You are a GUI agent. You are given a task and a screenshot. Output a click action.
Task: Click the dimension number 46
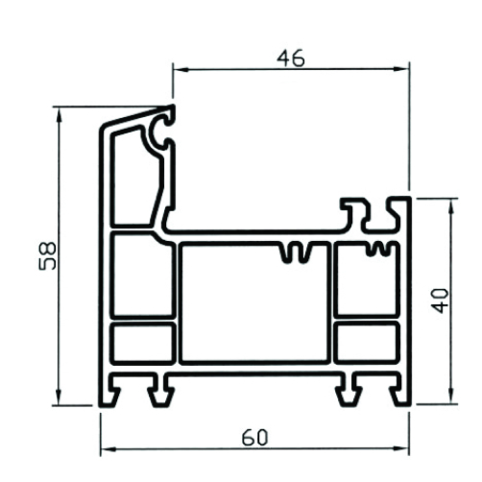click(x=291, y=59)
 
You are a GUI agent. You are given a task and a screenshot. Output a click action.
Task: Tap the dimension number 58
click(x=47, y=256)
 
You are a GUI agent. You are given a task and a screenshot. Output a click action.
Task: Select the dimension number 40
click(x=440, y=301)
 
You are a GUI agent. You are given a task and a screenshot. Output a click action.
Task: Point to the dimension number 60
click(x=254, y=438)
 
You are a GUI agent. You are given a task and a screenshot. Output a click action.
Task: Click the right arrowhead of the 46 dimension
click(x=401, y=68)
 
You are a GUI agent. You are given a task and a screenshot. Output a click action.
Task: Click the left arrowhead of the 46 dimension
click(x=181, y=69)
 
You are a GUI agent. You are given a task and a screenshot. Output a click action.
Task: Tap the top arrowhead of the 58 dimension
click(x=59, y=115)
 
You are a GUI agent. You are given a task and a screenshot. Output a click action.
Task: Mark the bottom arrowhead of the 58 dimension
click(x=59, y=397)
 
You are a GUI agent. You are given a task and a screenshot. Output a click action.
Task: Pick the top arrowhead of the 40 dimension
click(x=451, y=207)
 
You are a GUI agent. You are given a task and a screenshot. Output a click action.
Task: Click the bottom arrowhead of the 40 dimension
click(x=451, y=396)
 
